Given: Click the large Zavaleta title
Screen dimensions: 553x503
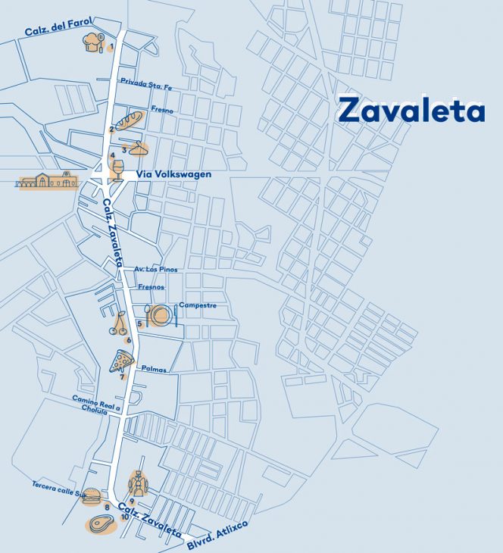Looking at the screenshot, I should (411, 110).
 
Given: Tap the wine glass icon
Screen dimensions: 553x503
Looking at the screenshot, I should (115, 168).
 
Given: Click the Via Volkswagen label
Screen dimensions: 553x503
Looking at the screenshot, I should (173, 175).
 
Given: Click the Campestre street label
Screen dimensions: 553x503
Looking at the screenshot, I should (198, 306).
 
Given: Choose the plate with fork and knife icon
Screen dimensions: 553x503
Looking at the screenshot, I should (161, 314).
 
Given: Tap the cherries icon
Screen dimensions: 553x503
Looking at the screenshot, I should (120, 326).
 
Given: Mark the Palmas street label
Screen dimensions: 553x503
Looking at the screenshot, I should (154, 369).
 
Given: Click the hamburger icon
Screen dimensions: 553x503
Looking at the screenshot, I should (92, 496).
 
